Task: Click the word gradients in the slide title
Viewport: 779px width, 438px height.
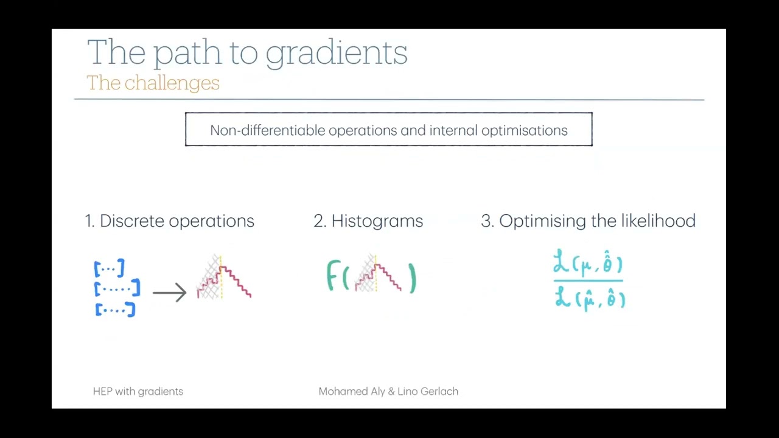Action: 336,53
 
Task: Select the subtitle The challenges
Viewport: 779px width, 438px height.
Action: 153,83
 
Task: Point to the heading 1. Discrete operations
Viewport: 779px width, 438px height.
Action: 169,221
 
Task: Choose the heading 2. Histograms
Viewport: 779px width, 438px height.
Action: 368,221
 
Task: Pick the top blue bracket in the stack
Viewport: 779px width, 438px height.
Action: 110,268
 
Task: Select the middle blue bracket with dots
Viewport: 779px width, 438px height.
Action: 117,288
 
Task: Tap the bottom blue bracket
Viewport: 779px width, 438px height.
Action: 115,310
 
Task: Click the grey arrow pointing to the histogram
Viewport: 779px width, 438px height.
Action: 169,293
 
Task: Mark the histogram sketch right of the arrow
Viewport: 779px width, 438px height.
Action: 223,278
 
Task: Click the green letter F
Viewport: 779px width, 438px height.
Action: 332,276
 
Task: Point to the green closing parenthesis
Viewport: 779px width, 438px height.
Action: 413,279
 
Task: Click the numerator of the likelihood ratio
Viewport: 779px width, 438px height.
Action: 588,264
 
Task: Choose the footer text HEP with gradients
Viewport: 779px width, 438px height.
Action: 138,392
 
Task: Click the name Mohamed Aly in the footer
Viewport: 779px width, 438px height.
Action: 352,392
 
